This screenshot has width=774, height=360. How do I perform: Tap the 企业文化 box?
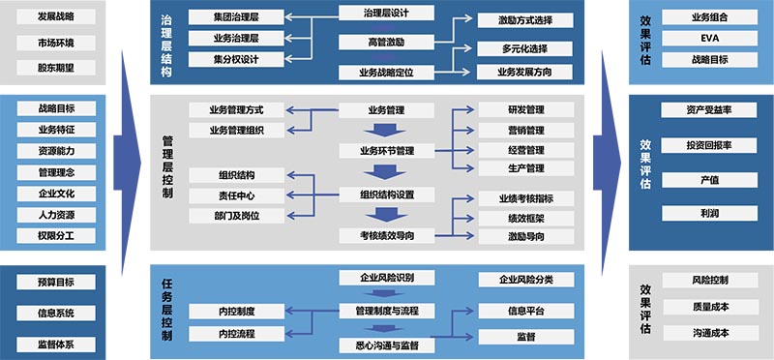55,193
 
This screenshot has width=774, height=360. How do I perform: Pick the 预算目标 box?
55,282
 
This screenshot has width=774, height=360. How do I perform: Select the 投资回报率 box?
709,145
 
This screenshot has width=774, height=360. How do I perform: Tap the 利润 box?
709,212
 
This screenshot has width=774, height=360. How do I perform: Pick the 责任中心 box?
236,195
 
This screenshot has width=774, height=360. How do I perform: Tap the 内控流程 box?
236,333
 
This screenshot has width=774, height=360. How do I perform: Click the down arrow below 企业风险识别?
385,295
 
